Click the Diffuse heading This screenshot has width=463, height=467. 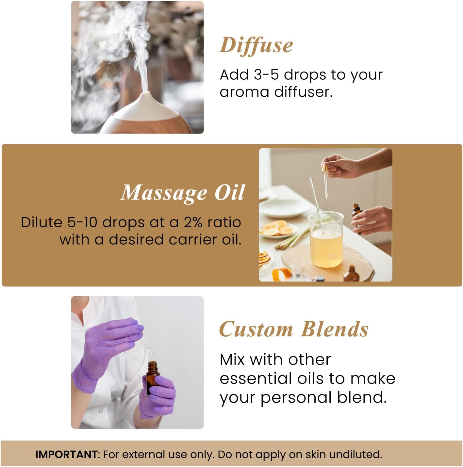point(256,45)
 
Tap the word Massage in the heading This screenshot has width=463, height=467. point(163,193)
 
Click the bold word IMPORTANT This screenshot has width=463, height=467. point(66,454)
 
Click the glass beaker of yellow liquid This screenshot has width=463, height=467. point(326,240)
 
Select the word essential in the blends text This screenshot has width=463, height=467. point(256,378)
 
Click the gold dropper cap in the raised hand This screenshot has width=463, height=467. point(325,170)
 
